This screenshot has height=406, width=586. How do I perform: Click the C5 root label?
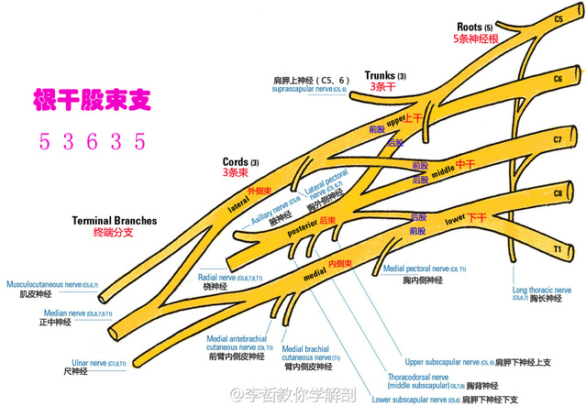click(558, 18)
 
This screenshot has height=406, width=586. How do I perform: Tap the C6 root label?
click(558, 80)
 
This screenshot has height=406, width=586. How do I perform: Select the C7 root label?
click(558, 139)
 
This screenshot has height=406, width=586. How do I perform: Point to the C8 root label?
click(558, 194)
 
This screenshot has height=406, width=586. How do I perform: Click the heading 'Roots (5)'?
click(475, 27)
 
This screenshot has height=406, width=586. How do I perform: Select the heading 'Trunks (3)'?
click(384, 75)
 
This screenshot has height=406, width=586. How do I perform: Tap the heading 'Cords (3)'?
click(241, 161)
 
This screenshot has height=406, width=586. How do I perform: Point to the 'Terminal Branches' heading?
click(115, 221)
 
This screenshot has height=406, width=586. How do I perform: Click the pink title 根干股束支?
click(89, 100)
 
